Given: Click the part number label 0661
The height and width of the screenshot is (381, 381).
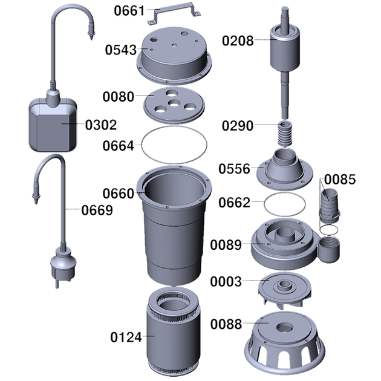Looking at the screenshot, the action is (x=129, y=11).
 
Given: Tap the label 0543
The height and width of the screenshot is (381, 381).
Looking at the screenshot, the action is (x=121, y=50).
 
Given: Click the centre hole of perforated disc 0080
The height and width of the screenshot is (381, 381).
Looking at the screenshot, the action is (x=174, y=103).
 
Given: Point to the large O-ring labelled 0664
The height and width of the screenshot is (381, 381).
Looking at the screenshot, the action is (x=174, y=127).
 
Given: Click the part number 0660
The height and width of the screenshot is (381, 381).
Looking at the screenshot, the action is (x=119, y=194).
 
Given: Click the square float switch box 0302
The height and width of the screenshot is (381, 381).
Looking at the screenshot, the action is (x=53, y=125).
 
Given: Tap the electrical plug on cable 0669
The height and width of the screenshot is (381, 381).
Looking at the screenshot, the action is (x=63, y=265).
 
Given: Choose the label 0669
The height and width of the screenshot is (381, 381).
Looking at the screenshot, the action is (x=97, y=210).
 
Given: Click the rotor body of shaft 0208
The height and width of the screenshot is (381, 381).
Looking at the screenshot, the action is (x=285, y=48).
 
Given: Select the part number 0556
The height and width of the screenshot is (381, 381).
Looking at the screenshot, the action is (x=234, y=169).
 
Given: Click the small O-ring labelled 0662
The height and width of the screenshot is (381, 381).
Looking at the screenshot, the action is (x=284, y=193).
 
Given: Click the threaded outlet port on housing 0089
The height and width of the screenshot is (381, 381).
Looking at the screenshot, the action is (x=330, y=249).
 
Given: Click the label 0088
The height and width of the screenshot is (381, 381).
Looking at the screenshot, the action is (x=226, y=324).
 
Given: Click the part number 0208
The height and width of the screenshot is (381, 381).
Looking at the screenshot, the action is (x=238, y=41).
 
